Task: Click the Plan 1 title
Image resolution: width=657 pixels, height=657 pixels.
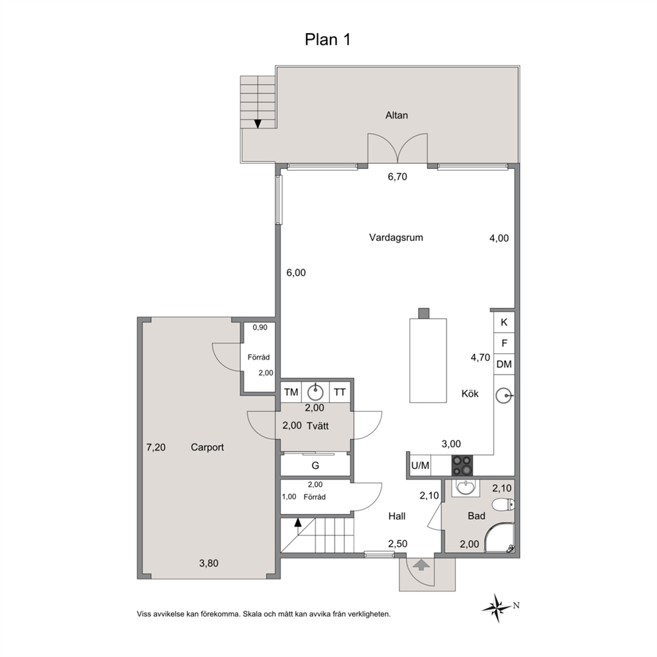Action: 327,39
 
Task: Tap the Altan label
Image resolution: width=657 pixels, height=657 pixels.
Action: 396,115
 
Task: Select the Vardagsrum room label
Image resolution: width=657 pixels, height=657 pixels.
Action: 396,238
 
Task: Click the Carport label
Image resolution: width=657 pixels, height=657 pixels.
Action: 207,447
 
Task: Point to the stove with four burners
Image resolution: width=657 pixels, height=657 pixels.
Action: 462,466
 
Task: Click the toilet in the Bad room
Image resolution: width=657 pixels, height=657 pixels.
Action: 503,505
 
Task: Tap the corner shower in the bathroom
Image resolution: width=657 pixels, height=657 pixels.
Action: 499,538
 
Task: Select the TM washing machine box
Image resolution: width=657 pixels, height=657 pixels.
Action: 291,392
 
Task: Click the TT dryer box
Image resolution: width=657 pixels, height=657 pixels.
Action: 339,392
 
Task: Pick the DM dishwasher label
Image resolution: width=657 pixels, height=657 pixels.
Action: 503,364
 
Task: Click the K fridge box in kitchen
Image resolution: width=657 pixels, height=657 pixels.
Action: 503,323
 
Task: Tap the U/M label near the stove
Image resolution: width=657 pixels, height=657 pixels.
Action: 421,466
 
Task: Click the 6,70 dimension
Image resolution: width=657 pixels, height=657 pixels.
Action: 397,177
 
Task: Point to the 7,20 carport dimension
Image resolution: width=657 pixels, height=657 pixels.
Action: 156,448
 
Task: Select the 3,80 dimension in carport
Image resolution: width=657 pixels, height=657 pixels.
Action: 209,564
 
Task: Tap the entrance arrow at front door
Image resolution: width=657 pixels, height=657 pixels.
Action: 421,565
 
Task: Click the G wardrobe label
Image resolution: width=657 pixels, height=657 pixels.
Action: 315,466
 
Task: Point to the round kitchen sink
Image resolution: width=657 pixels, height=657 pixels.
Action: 503,395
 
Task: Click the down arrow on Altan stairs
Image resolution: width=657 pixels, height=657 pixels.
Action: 258,124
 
